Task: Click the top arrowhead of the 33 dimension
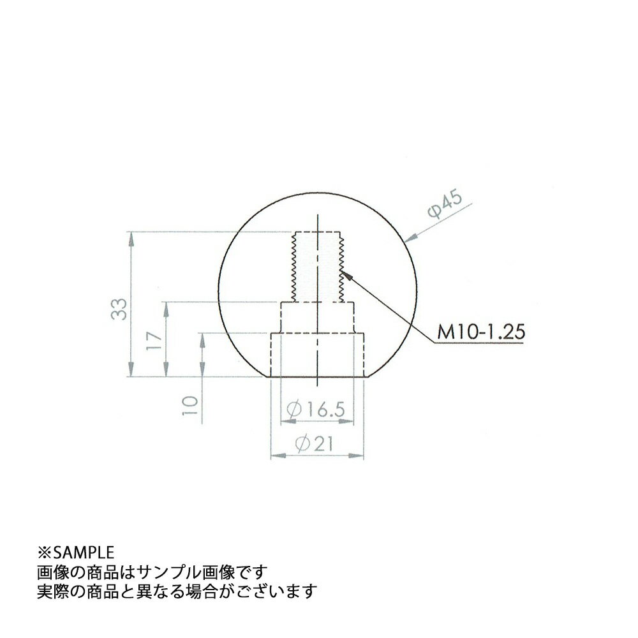tap(131, 237)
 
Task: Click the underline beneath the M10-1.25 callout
tap(478, 343)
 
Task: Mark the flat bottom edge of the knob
tap(317, 377)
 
